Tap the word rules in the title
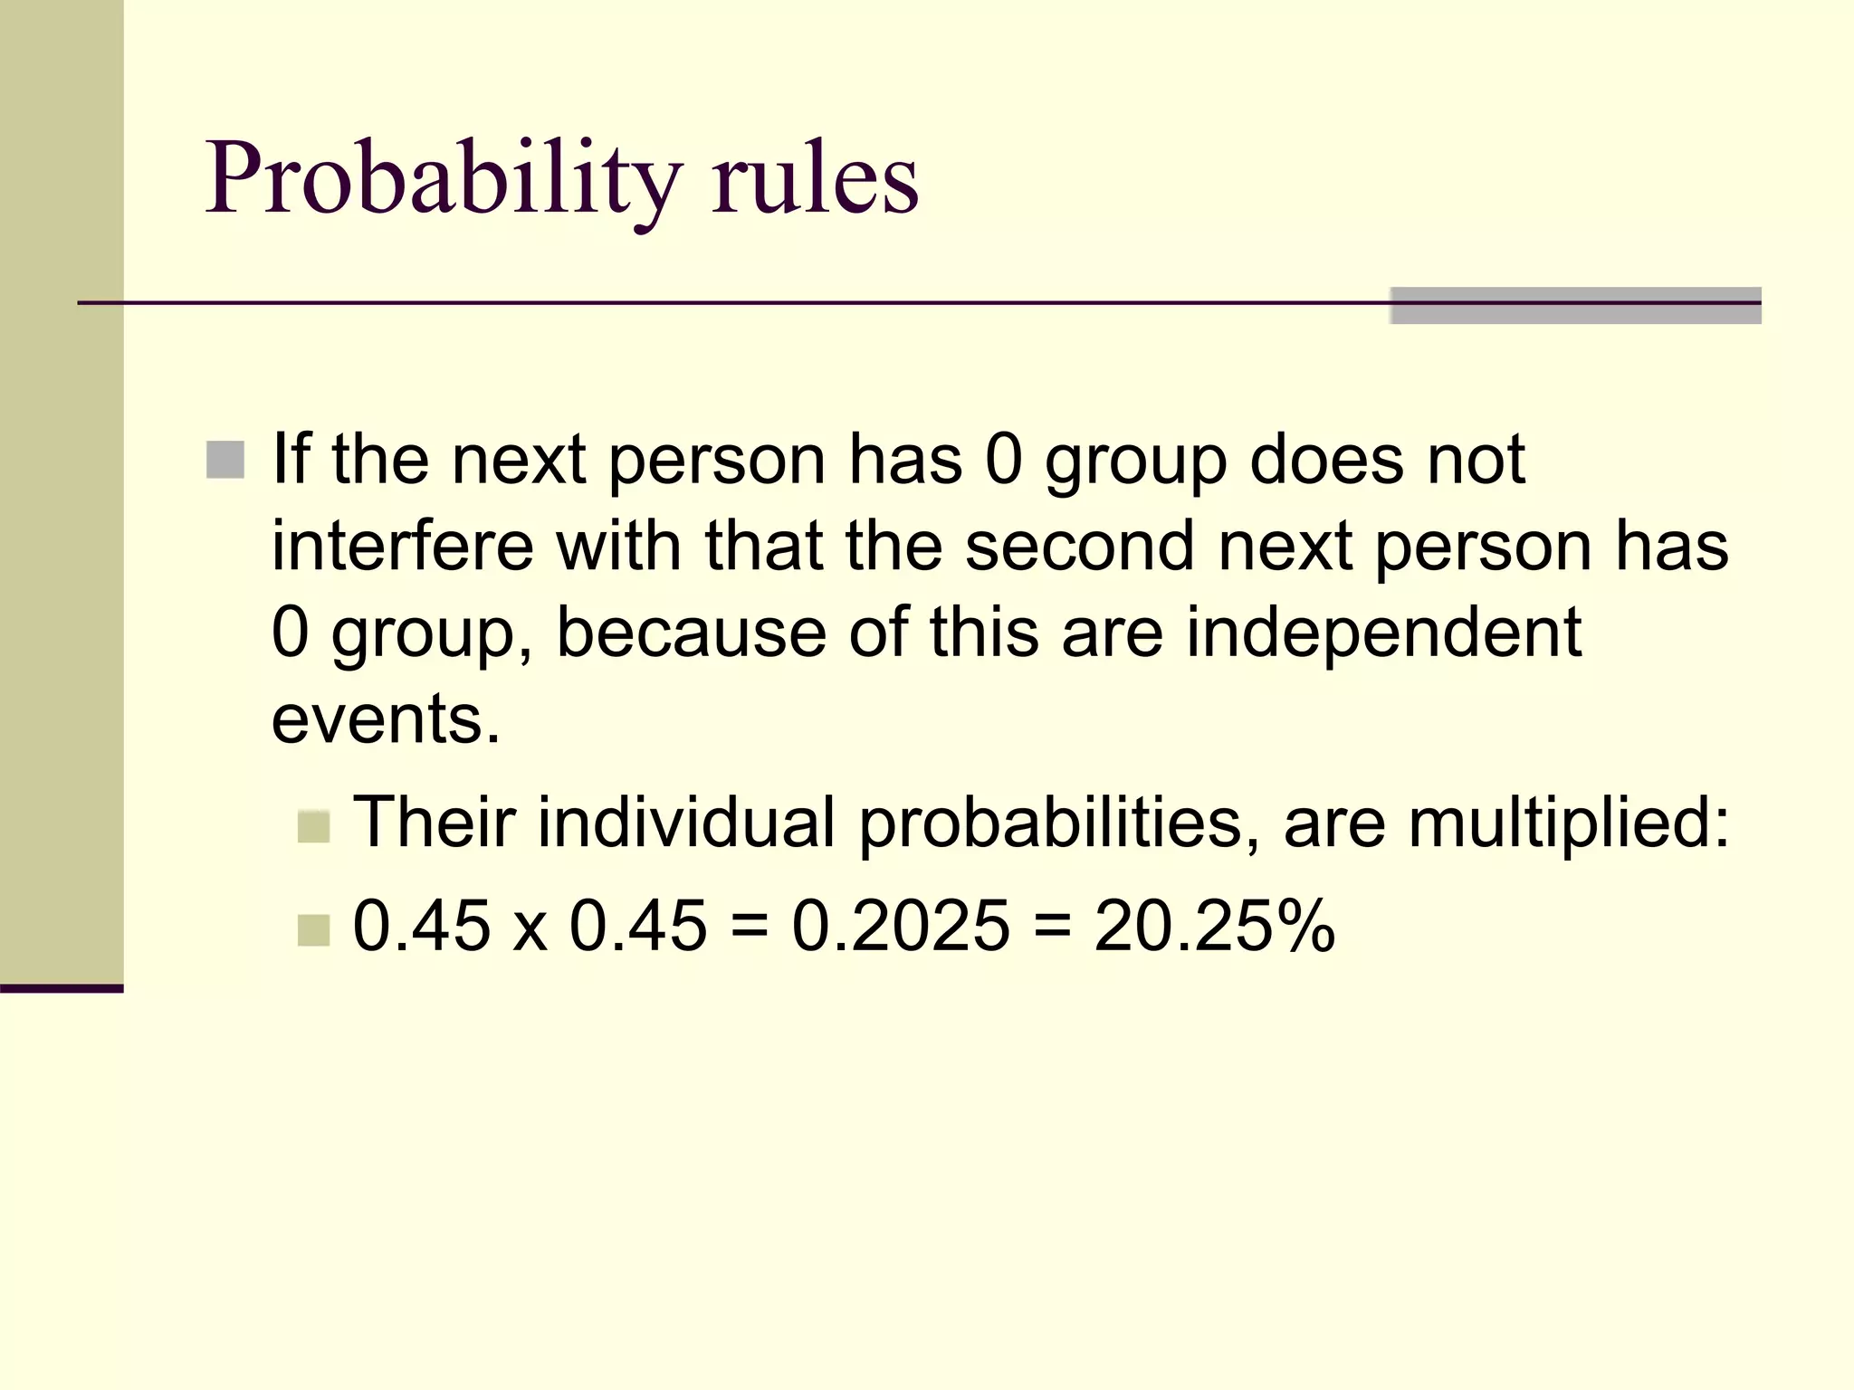click(815, 178)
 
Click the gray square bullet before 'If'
click(225, 460)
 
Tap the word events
click(386, 719)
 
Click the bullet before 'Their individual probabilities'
click(313, 826)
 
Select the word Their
click(434, 823)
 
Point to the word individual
click(686, 823)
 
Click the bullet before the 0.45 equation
click(313, 930)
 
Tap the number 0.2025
click(901, 926)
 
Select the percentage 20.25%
click(1214, 926)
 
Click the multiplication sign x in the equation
click(530, 930)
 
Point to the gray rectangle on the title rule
click(1575, 305)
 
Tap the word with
click(619, 547)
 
